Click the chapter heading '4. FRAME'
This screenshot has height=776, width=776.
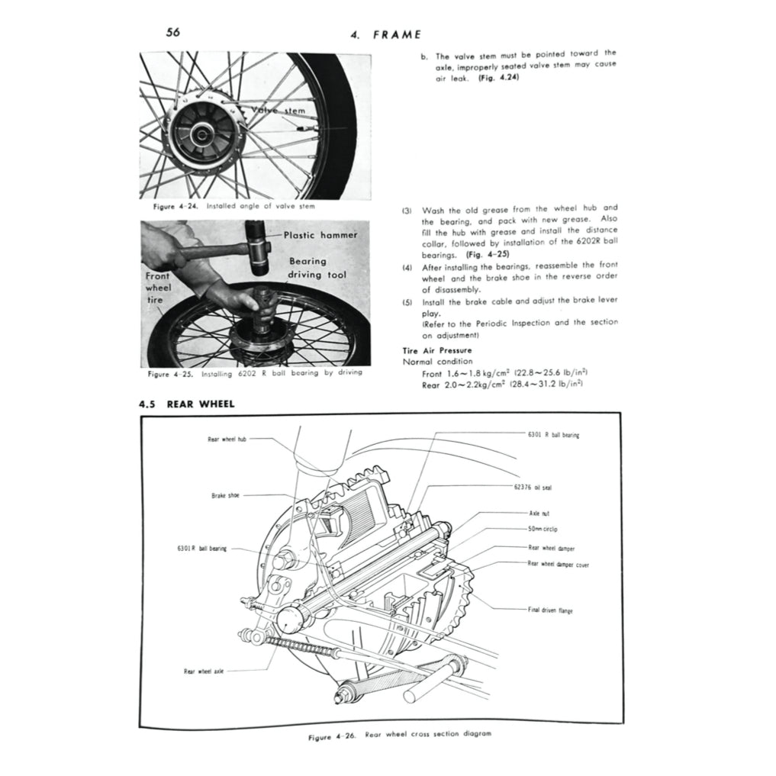385,35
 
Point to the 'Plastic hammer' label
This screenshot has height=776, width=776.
320,236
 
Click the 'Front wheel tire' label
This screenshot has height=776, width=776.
158,288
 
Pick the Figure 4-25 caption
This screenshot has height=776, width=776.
255,374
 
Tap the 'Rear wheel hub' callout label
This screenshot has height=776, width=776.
227,439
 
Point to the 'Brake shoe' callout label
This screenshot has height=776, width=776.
225,495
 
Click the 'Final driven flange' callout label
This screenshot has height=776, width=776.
550,610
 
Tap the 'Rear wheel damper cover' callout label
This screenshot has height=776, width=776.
558,564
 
